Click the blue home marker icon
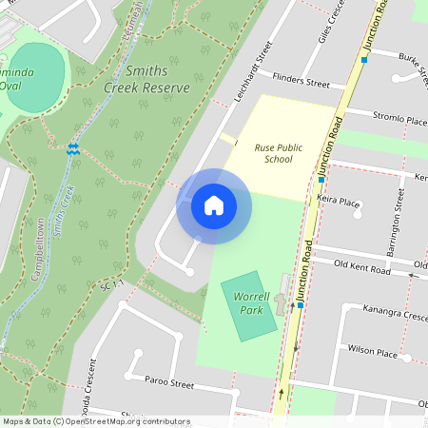[214, 205]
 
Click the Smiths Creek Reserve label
[146, 80]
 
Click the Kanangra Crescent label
[396, 312]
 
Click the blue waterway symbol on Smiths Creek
[72, 148]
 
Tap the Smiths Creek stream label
[67, 210]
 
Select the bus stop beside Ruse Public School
[321, 179]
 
